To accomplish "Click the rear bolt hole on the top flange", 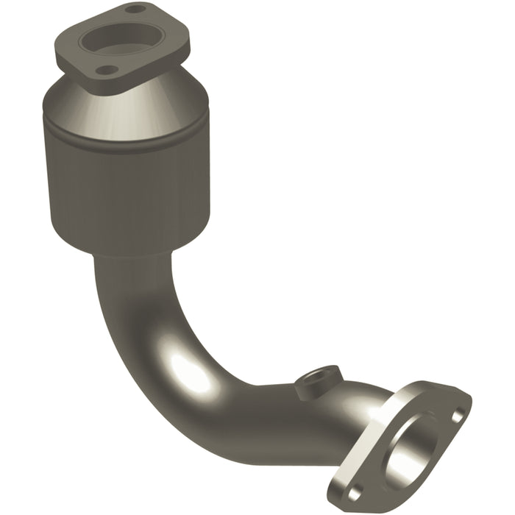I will pos(135,10).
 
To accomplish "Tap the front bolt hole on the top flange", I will pos(107,70).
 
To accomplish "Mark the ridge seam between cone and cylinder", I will pos(125,132).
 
